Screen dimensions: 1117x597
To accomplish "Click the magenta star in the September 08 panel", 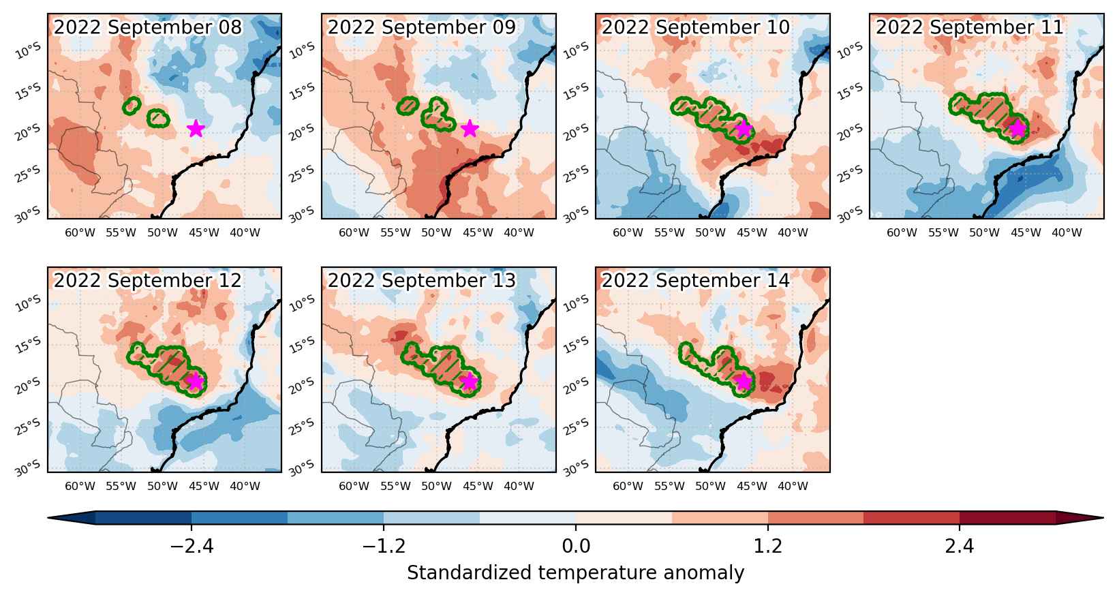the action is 196,129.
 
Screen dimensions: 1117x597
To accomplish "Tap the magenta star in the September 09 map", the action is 470,129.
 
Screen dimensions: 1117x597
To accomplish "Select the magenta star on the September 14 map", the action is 744,381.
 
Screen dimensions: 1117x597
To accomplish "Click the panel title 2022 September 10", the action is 696,27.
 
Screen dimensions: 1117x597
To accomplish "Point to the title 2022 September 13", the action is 421,280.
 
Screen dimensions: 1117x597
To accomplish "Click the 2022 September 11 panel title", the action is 970,27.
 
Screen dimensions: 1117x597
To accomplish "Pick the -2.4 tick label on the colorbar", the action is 192,547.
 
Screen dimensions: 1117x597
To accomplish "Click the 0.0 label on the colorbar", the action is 576,547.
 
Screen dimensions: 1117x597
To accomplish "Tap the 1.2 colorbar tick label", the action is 767,547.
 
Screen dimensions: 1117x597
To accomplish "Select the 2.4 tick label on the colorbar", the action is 959,547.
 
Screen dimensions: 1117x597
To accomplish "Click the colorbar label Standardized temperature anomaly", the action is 575,572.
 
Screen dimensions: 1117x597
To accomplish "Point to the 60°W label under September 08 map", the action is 80,233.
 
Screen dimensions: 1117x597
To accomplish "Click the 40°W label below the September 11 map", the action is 1067,233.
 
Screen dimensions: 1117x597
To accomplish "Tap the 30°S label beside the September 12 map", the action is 28,468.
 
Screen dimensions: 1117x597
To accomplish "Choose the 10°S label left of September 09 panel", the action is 302,50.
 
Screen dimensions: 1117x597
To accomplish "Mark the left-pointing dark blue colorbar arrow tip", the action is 48,518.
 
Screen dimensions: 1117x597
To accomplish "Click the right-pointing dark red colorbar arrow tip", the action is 1103,518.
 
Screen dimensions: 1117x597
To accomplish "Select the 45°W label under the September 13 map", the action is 477,486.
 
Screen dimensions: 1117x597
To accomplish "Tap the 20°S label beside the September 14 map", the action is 576,383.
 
